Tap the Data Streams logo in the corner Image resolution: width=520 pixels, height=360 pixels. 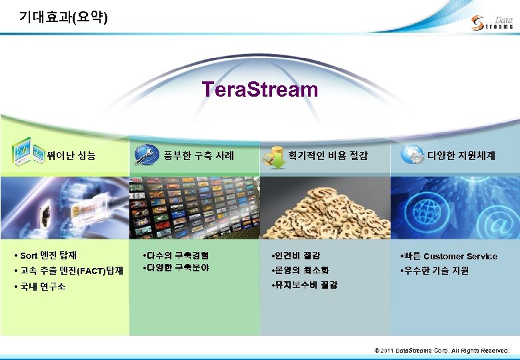(x=491, y=23)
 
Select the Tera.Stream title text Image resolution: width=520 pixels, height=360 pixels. (x=259, y=89)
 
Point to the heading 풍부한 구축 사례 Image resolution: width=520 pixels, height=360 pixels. (x=199, y=155)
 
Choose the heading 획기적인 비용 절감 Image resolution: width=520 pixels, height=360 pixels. (x=327, y=155)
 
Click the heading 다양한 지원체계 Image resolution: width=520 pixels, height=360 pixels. (x=461, y=155)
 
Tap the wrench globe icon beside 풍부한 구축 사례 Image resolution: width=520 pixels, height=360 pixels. (x=146, y=155)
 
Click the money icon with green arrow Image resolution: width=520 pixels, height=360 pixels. (x=274, y=155)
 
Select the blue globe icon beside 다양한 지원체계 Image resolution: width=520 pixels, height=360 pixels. (x=413, y=154)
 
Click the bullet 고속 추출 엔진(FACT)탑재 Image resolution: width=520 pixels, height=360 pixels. (x=68, y=271)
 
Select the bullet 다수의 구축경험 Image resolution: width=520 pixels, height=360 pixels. (x=176, y=255)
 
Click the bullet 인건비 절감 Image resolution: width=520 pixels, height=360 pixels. (x=295, y=255)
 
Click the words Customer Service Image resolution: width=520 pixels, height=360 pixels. (x=460, y=256)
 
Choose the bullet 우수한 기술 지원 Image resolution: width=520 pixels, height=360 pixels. (x=434, y=271)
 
